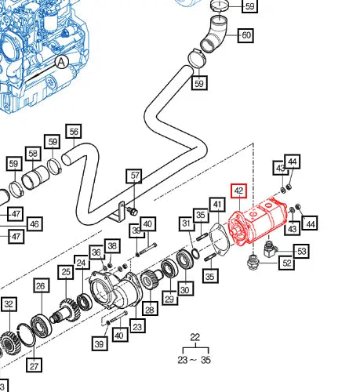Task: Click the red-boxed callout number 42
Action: click(238, 191)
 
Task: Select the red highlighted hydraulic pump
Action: click(257, 221)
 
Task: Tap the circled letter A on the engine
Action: click(61, 62)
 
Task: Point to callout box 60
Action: click(245, 35)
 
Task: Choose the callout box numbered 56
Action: click(74, 132)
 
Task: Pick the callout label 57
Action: click(134, 176)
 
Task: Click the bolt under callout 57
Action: click(133, 210)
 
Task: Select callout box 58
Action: click(33, 154)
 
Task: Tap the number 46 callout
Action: click(35, 224)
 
